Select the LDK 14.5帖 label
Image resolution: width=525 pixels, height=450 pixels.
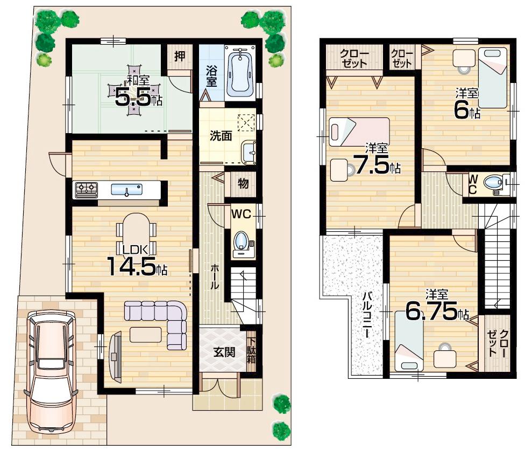[x=137, y=261]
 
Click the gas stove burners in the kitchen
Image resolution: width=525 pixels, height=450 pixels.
[x=87, y=189]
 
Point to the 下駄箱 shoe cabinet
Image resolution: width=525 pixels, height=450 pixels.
[x=251, y=351]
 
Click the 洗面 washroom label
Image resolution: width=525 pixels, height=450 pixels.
[x=221, y=135]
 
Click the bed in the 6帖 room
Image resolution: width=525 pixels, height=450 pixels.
[x=493, y=77]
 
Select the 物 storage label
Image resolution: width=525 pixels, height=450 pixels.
[x=243, y=184]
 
